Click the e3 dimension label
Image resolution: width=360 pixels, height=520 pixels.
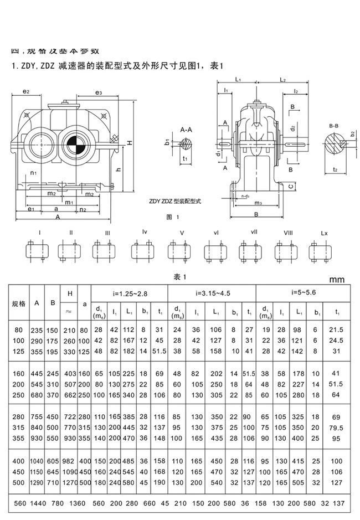click(x=98, y=92)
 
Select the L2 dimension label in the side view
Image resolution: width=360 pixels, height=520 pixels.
click(x=282, y=80)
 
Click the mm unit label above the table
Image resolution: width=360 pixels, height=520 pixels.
click(x=337, y=280)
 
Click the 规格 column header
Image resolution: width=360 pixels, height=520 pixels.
click(x=19, y=304)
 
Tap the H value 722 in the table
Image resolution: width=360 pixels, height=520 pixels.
click(x=70, y=416)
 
